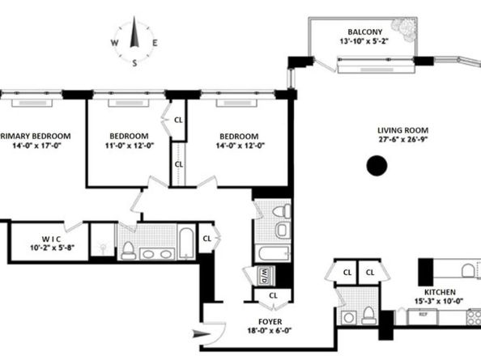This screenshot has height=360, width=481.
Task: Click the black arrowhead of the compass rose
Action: pos(135,34)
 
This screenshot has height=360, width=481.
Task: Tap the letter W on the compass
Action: pos(116,44)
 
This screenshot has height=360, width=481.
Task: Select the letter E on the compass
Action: pos(155,44)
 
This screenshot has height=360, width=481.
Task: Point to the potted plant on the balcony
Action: pos(402,33)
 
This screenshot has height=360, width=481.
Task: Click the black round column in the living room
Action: pos(376,166)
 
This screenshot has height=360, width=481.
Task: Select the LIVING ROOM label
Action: pos(402,130)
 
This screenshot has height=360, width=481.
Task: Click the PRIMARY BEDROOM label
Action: pos(36,136)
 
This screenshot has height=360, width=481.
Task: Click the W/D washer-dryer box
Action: pos(266,275)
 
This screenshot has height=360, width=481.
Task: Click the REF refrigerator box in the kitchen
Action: pos(422,316)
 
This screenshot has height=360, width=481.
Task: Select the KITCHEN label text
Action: pos(440,292)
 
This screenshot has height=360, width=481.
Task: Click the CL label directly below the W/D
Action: pos(272,295)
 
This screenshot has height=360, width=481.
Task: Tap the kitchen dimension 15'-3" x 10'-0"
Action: pos(440,303)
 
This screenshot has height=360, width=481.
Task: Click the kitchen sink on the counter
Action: pos(467,270)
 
